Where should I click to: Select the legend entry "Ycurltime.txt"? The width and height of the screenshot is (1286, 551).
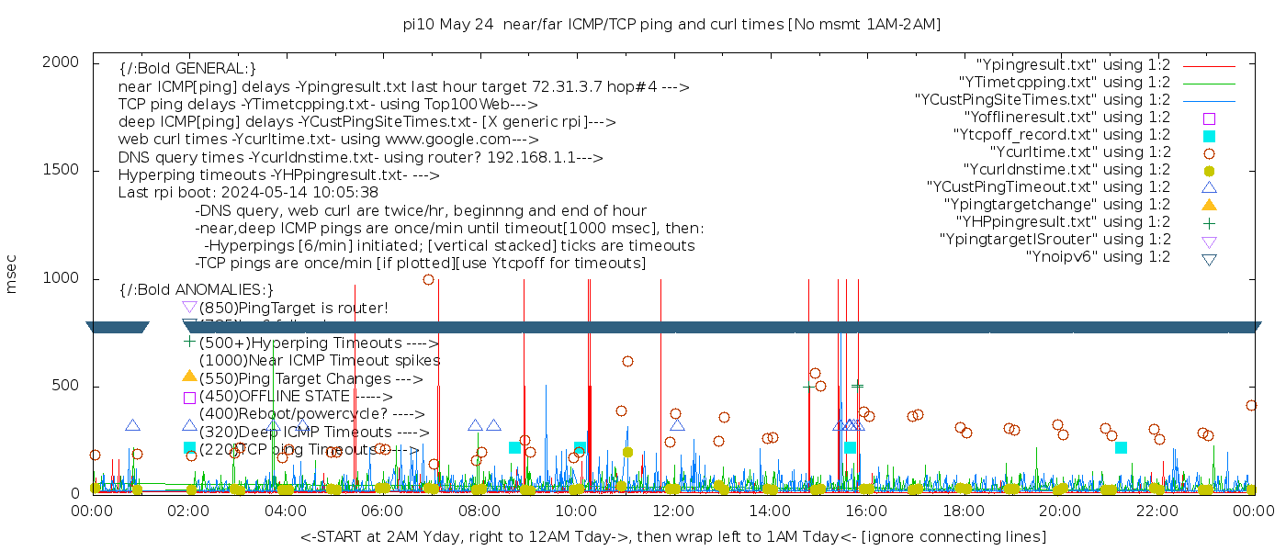point(1079,152)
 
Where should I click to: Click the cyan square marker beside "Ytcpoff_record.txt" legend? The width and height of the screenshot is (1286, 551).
point(1209,135)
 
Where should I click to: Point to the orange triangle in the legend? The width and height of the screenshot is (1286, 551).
point(1209,205)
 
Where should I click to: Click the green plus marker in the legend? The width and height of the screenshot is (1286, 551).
point(1209,222)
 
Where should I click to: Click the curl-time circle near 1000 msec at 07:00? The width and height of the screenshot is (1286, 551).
point(429,279)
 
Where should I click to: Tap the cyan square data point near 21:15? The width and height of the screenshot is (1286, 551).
point(1121,447)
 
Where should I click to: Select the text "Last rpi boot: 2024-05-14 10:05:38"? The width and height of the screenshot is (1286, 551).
point(248,194)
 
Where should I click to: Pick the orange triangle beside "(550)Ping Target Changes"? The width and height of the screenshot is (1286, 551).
point(189,376)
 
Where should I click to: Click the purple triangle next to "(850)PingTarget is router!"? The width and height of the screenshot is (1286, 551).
point(189,307)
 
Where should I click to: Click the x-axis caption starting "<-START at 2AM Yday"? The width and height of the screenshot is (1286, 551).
point(672,536)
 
